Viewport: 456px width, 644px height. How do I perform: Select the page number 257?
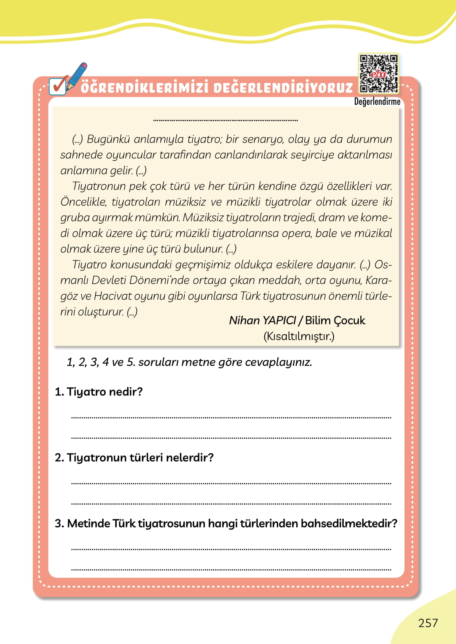428,623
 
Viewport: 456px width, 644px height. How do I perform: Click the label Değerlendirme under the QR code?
377,102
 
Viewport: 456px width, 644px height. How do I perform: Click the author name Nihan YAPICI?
262,321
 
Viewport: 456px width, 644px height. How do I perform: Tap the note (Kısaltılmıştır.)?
299,336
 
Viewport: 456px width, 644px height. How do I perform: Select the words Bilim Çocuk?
335,321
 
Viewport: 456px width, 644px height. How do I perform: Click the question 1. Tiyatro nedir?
99,392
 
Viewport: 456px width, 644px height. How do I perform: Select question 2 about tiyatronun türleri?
134,457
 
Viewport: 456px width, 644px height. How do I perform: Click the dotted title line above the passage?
226,120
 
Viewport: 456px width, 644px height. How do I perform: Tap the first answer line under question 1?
231,417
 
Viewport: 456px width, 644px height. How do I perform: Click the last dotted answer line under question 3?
231,570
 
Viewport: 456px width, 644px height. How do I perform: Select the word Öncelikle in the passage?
83,202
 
